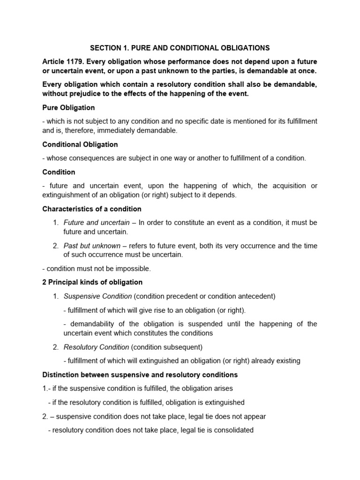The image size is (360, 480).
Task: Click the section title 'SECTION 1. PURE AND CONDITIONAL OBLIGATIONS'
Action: pos(180,48)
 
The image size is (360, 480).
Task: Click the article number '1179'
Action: pos(75,62)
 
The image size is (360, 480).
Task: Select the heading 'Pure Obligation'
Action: pos(68,107)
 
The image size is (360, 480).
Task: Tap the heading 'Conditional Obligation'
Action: pos(80,144)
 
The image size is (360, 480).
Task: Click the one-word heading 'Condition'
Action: pos(59,172)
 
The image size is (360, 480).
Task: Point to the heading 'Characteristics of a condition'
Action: pos(92,209)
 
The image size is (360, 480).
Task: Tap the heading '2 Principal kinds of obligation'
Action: pos(92,282)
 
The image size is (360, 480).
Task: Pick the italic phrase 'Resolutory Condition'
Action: pos(96,347)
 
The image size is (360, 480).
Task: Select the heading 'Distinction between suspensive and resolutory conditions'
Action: pos(140,375)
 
